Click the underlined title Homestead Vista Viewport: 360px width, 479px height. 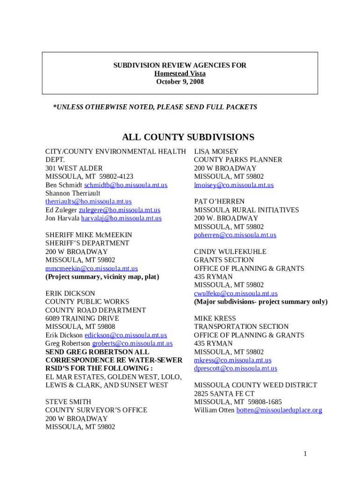(180, 73)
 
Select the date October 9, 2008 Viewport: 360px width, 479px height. (180, 81)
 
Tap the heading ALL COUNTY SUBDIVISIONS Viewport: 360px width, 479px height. (188, 137)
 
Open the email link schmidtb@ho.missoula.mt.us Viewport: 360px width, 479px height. (125, 185)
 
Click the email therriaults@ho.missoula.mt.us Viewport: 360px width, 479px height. (88, 202)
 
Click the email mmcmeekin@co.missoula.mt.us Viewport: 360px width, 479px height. (91, 269)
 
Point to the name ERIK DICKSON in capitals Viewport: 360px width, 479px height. (70, 293)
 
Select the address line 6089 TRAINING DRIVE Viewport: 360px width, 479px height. (82, 319)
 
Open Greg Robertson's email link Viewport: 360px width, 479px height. (132, 343)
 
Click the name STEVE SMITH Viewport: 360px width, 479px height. (68, 402)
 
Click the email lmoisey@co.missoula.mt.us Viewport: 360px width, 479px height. (234, 185)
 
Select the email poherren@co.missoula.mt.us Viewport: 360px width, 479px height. (235, 235)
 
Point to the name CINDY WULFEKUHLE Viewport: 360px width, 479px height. (230, 252)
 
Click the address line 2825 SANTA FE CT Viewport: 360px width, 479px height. (224, 394)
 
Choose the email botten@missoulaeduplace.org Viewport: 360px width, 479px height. (279, 410)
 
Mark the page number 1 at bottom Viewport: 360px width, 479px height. (304, 453)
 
